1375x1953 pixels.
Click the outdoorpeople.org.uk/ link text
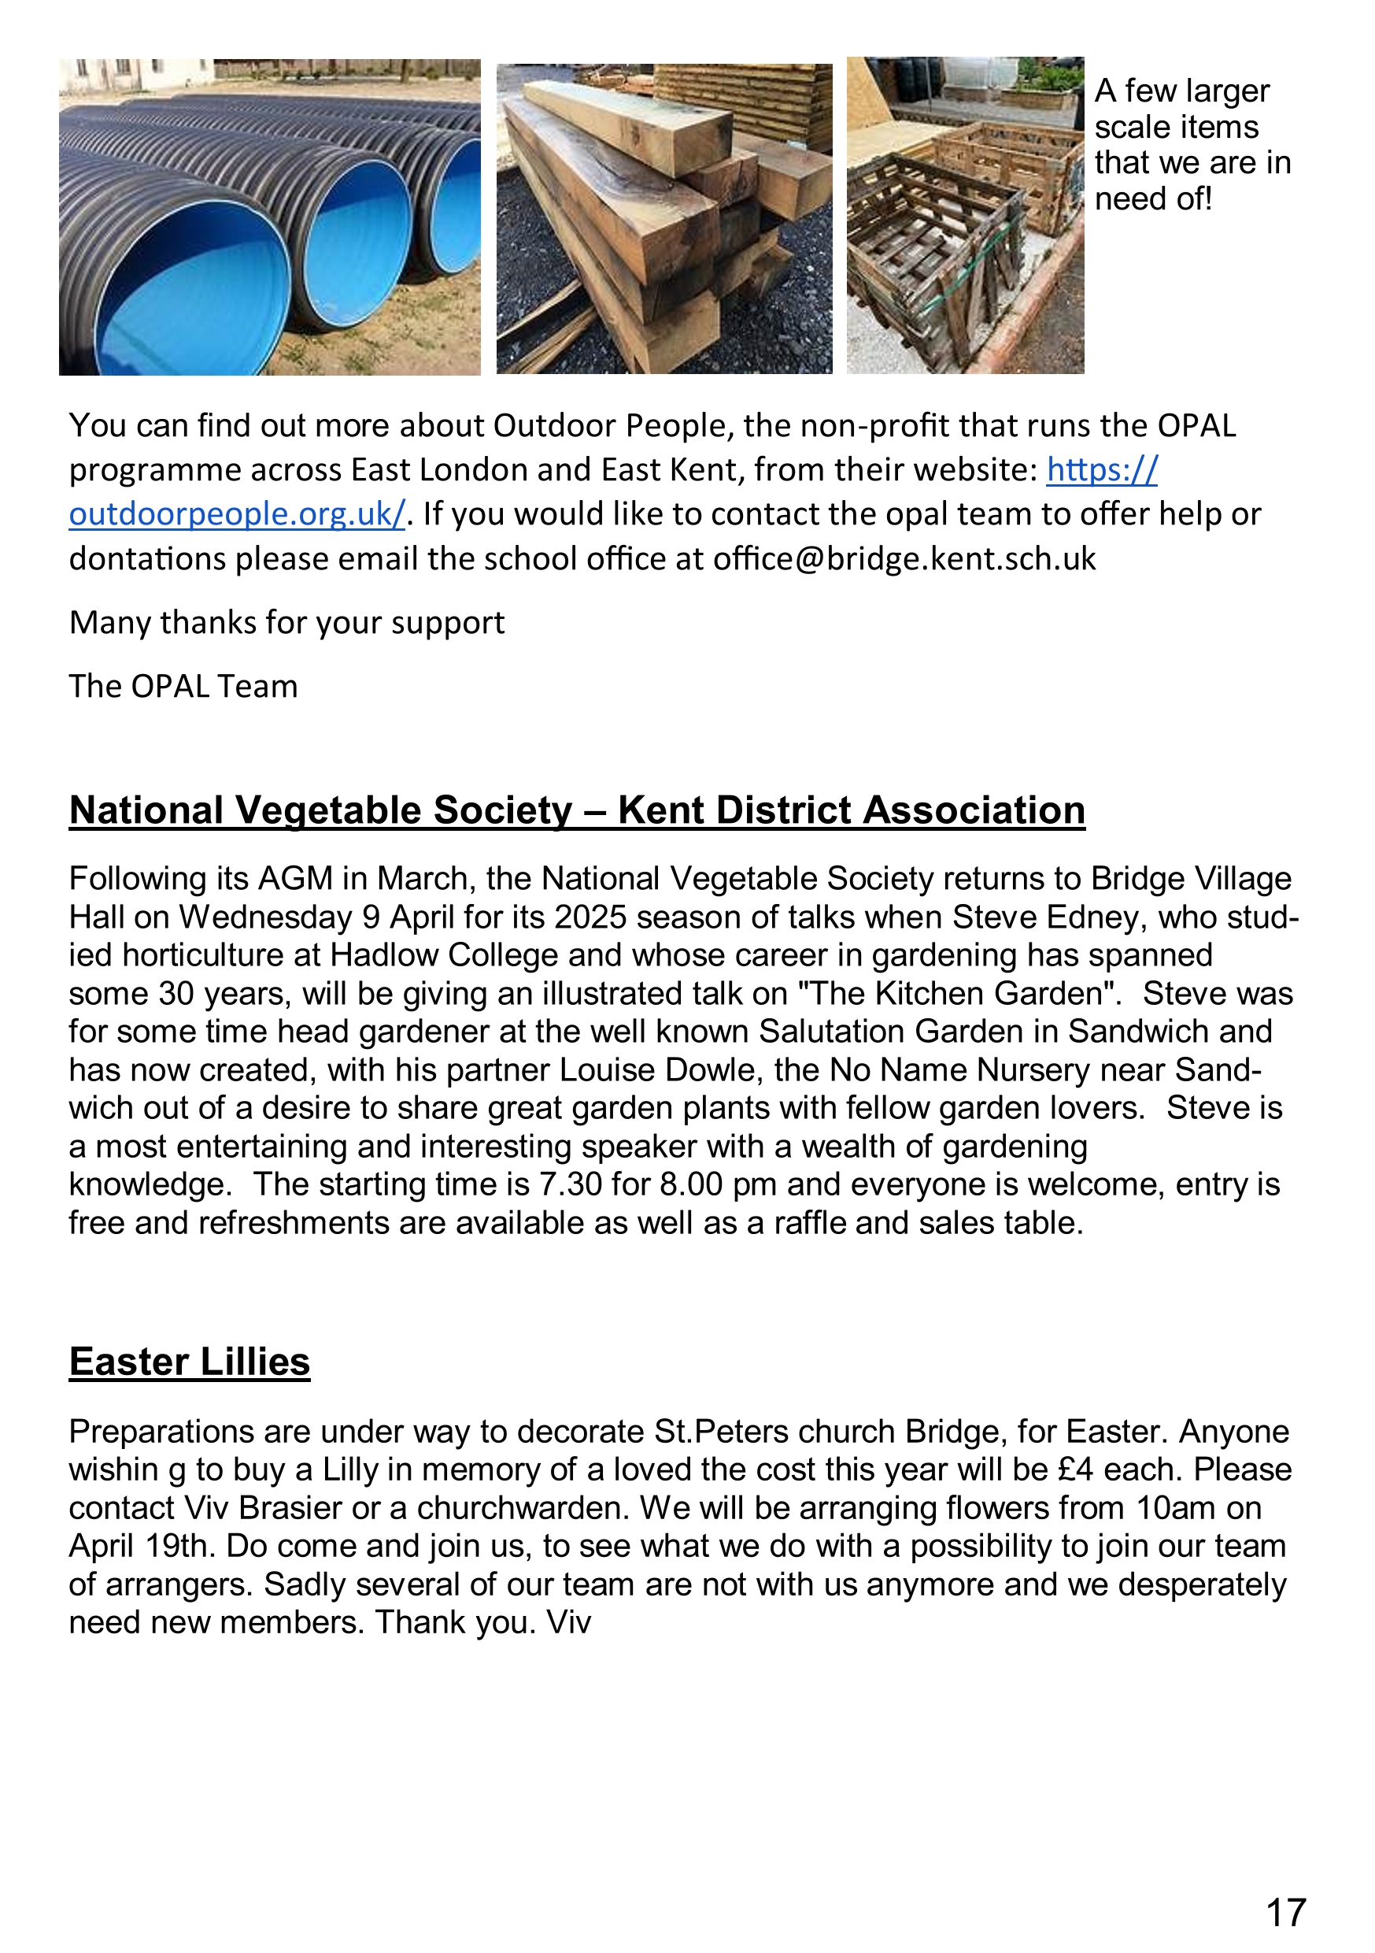[x=236, y=514]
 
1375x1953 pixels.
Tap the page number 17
[x=1286, y=1913]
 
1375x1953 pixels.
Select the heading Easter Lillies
[x=190, y=1362]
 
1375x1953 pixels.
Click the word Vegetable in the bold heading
[x=330, y=810]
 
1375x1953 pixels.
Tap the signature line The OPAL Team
[x=183, y=687]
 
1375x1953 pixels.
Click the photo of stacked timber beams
[x=664, y=219]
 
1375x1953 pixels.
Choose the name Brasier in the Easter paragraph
[x=290, y=1507]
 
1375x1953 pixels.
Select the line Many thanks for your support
[x=286, y=623]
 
